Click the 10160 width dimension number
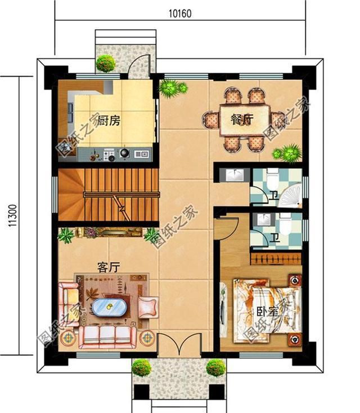coord(180,14)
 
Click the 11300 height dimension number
coord(12,216)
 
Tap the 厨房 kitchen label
coord(109,120)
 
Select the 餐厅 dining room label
coord(242,120)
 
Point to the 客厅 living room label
coord(109,267)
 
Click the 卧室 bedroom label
coord(268,312)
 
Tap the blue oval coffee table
coord(110,307)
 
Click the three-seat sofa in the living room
coord(107,336)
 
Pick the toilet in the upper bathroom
coord(272,179)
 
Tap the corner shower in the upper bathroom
coord(290,195)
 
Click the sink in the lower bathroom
coord(262,219)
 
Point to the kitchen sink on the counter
coord(142,154)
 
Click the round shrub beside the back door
coord(106,63)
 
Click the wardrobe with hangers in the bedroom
coord(276,259)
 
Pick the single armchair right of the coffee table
coord(148,307)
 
